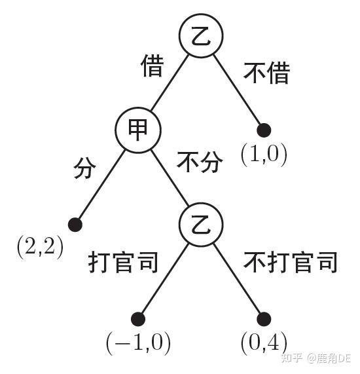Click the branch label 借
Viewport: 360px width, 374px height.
pyautogui.click(x=152, y=65)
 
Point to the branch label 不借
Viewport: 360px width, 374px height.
pyautogui.click(x=266, y=73)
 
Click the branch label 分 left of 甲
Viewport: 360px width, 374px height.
pyautogui.click(x=84, y=168)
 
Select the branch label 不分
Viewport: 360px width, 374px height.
pyautogui.click(x=200, y=162)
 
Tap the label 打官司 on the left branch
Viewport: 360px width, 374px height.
pyautogui.click(x=123, y=262)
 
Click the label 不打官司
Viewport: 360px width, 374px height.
pyautogui.click(x=290, y=262)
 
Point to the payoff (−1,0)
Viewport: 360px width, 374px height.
pyautogui.click(x=138, y=343)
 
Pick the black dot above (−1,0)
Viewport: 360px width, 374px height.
pyautogui.click(x=138, y=319)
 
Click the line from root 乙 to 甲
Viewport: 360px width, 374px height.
pyautogui.click(x=170, y=83)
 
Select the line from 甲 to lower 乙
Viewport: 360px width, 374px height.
pyautogui.click(x=170, y=178)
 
